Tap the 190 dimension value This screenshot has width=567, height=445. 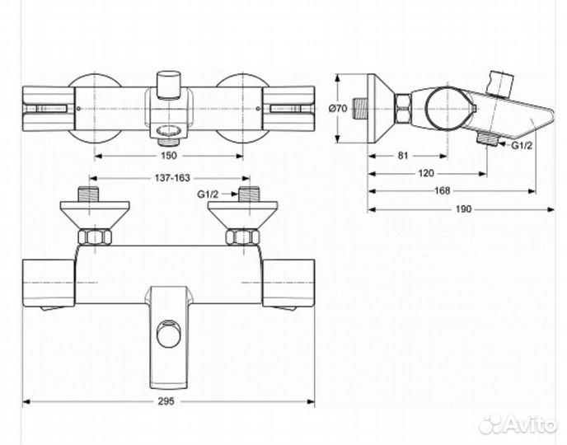click(463, 210)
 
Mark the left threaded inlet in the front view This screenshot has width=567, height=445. click(90, 197)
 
